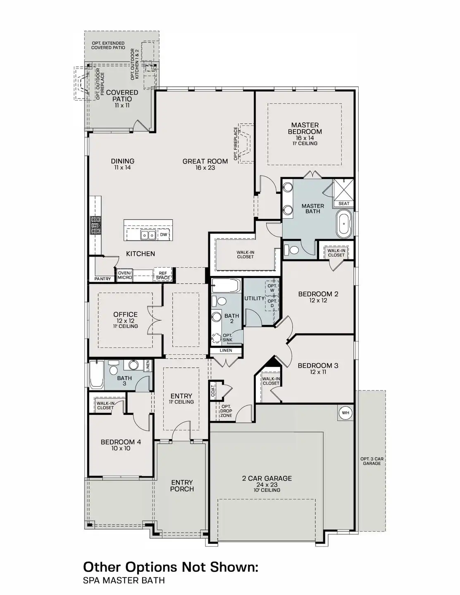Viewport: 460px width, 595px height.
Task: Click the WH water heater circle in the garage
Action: click(345, 413)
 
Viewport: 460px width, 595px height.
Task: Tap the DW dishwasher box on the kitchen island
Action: click(164, 235)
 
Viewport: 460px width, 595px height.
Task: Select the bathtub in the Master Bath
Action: click(343, 224)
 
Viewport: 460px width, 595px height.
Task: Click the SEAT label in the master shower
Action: click(344, 203)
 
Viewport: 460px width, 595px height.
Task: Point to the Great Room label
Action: click(205, 164)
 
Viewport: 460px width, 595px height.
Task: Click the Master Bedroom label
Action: click(305, 131)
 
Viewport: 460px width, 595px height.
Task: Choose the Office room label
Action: click(125, 317)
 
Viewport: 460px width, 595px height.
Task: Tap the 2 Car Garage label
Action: click(267, 481)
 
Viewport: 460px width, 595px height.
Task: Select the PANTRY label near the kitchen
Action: click(102, 279)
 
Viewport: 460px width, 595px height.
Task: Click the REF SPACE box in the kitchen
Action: click(163, 275)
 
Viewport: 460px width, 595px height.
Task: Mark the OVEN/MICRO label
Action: click(125, 275)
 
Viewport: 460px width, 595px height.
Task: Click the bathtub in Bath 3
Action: click(97, 374)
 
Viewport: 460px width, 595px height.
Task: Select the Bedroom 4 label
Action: click(121, 445)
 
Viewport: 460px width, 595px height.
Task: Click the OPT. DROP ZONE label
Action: click(226, 411)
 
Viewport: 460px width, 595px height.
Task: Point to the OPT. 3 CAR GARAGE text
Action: click(372, 461)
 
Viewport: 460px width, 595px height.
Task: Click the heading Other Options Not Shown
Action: click(171, 566)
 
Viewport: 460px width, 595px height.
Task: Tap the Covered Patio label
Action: click(122, 98)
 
